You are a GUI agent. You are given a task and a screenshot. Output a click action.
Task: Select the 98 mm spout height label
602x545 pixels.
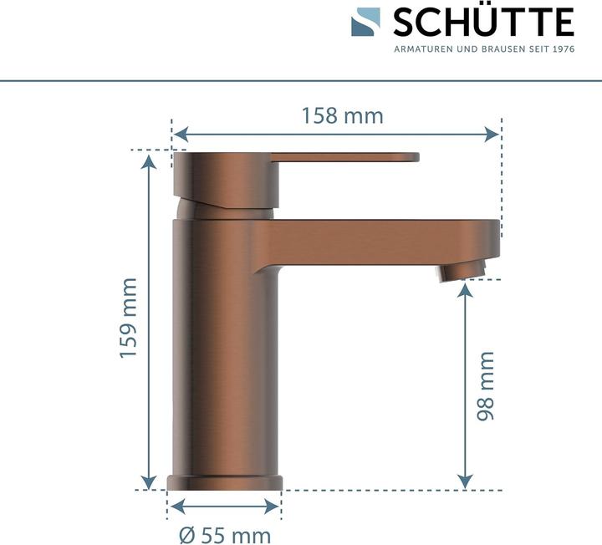[x=485, y=385]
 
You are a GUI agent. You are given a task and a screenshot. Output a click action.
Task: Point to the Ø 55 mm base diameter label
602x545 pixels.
[x=225, y=532]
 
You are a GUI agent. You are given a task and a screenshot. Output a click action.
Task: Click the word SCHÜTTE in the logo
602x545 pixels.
[x=483, y=22]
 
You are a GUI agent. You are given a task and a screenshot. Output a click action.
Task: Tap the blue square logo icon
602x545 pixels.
[x=365, y=22]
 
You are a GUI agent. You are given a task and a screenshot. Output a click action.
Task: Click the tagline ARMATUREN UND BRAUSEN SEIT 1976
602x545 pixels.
[x=483, y=49]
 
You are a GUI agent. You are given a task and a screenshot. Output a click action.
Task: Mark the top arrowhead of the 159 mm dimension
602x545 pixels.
[x=149, y=160]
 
